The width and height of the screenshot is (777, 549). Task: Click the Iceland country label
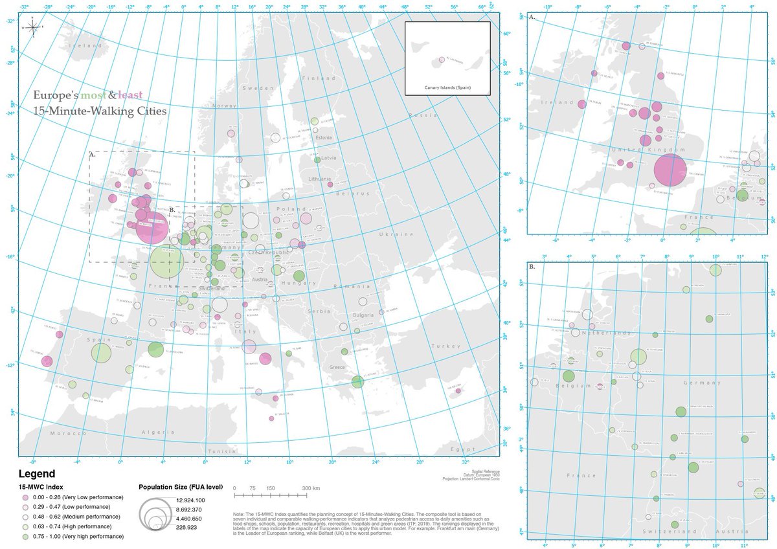pos(87,46)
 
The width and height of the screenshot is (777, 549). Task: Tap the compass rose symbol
pos(32,27)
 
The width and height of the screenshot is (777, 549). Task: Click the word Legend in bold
pos(36,474)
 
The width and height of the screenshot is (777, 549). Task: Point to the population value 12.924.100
pos(190,500)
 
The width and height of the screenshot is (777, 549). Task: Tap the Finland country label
pos(317,78)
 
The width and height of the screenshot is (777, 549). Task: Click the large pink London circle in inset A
pos(670,170)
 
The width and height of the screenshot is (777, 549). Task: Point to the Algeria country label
pos(159,432)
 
